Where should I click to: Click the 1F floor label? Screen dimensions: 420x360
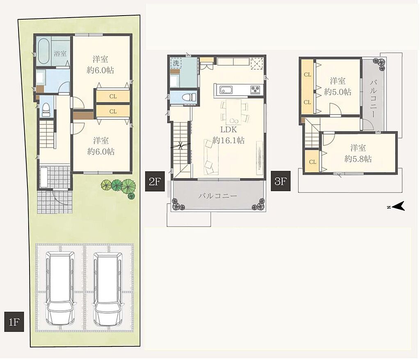click(x=14, y=322)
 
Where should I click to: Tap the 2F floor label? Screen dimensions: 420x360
click(x=155, y=181)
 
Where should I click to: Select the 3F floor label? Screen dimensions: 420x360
click(x=281, y=181)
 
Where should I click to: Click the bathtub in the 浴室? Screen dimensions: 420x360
click(x=43, y=51)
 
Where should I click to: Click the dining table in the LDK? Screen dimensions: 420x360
click(x=234, y=112)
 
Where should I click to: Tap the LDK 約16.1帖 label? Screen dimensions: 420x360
click(x=229, y=135)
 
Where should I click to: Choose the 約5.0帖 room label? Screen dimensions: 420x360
click(x=338, y=92)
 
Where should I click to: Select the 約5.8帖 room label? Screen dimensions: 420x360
click(x=358, y=159)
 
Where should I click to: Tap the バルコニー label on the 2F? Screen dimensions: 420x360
click(x=218, y=196)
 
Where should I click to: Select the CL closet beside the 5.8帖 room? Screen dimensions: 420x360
click(x=312, y=162)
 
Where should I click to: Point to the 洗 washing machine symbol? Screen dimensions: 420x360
click(x=176, y=64)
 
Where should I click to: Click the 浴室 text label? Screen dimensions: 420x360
click(x=60, y=53)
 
